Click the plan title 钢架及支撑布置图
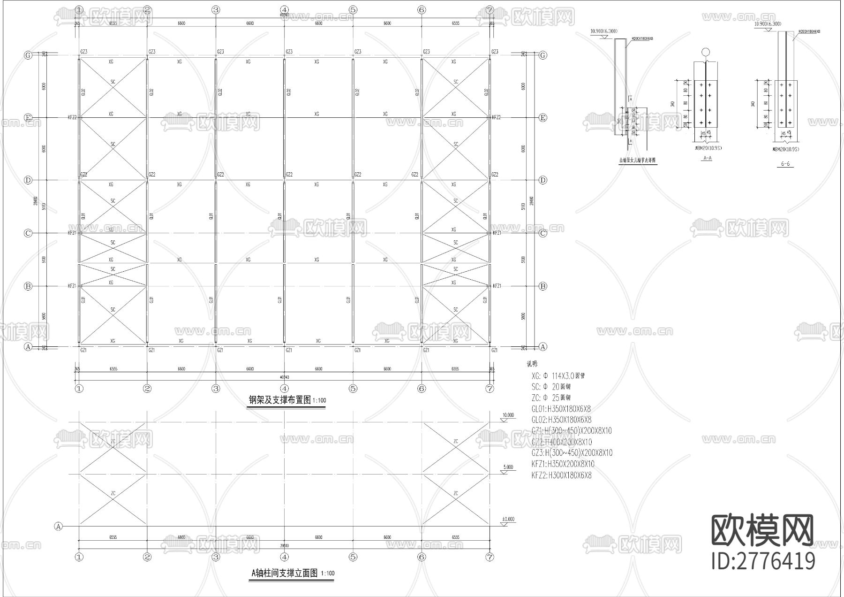[280, 400]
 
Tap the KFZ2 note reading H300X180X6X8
[561, 475]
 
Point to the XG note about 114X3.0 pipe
[558, 375]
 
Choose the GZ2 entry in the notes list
[561, 442]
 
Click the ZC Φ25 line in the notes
[551, 398]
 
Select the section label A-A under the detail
[707, 158]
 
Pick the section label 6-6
[785, 164]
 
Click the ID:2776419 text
[763, 561]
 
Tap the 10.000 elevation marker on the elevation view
[508, 415]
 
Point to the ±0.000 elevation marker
[508, 520]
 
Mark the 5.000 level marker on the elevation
[508, 467]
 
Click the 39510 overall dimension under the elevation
[284, 545]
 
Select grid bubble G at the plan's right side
[543, 55]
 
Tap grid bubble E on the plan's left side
[28, 118]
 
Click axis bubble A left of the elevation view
[59, 526]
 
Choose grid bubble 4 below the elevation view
[284, 557]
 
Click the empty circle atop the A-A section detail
[706, 52]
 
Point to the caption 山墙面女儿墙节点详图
[637, 160]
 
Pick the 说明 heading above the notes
[532, 364]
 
